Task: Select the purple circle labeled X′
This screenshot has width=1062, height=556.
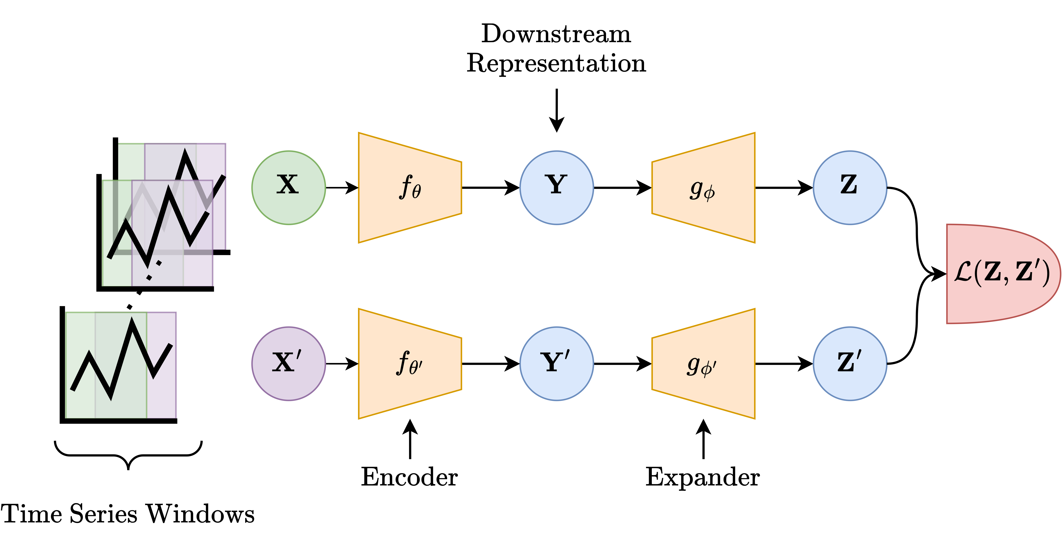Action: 289,363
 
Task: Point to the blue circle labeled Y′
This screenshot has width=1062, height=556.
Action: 557,363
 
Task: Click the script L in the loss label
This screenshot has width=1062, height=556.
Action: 963,273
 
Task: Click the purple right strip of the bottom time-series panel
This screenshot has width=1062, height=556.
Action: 162,396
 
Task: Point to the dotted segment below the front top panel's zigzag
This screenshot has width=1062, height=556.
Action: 153,270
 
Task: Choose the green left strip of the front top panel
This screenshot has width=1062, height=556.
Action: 117,272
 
